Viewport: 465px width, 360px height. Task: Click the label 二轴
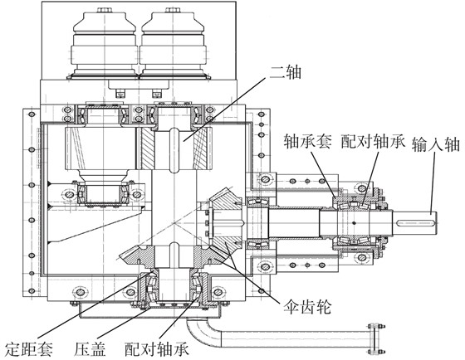(x=285, y=72)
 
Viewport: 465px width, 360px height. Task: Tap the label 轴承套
(x=308, y=141)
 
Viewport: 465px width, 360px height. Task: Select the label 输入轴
(x=436, y=144)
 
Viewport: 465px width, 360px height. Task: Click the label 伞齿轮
(x=307, y=306)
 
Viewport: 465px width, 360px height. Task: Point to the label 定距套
(x=29, y=348)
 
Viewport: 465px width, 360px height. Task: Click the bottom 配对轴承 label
(x=157, y=348)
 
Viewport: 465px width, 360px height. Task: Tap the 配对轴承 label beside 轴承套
(x=373, y=141)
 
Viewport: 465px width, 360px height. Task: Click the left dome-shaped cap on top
(x=105, y=45)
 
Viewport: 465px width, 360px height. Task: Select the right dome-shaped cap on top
(x=173, y=45)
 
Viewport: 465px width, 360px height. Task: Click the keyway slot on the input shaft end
(x=415, y=222)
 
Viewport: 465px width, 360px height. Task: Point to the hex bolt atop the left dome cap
(x=105, y=10)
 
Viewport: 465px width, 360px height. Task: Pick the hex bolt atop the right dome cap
(x=173, y=10)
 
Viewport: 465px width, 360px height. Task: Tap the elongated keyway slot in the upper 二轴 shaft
(x=174, y=150)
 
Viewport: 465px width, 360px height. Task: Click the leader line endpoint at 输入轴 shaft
(x=431, y=213)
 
